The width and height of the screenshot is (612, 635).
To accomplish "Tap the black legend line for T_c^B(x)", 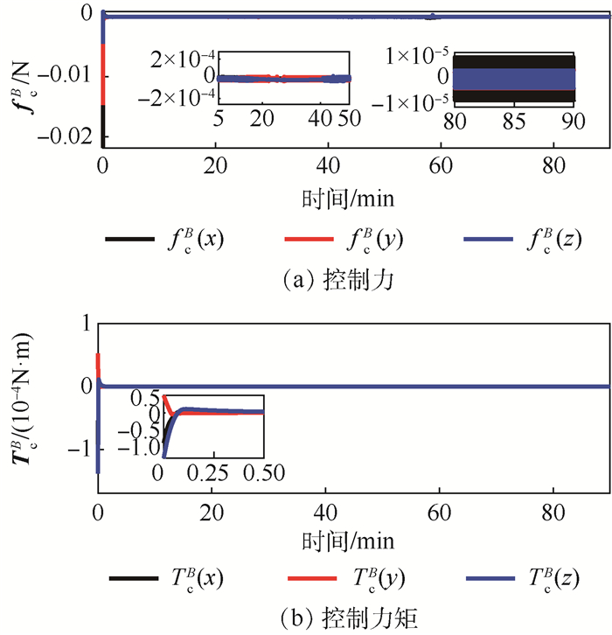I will (131, 578).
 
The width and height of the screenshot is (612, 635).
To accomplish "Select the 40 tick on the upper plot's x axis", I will (326, 164).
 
